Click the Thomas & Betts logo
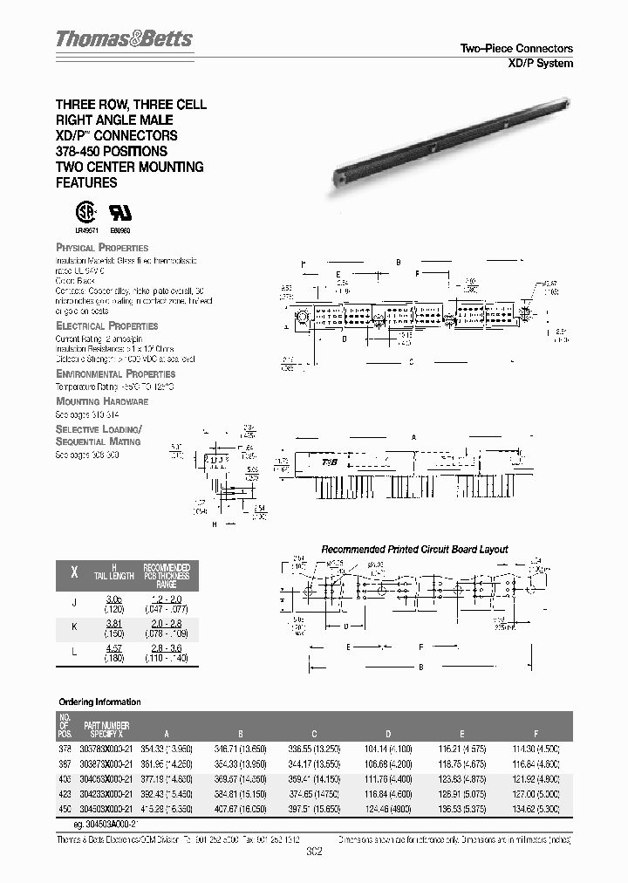[124, 39]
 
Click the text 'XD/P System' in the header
[540, 63]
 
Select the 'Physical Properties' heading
[102, 248]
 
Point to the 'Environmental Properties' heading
[114, 373]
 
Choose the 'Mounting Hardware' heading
[102, 401]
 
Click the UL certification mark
[119, 215]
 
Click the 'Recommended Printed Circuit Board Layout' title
[414, 550]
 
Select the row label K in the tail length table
[73, 628]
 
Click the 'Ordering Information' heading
[99, 702]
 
